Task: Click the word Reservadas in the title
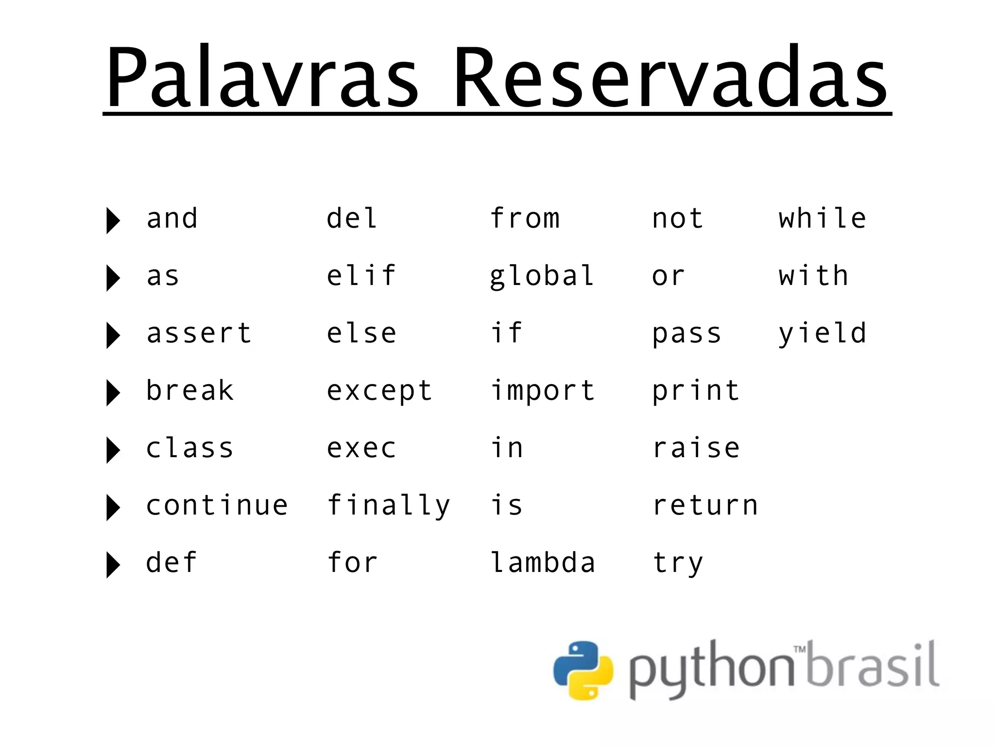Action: [670, 78]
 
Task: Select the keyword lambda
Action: [543, 563]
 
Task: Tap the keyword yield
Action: [822, 334]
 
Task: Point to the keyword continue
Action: [217, 505]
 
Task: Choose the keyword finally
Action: [389, 506]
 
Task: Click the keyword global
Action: [542, 276]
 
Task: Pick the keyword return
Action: [705, 505]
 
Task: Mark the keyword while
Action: [822, 218]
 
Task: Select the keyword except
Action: [379, 391]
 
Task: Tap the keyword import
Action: [543, 391]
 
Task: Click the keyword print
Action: [696, 391]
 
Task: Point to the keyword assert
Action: [199, 334]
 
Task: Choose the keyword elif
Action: [361, 276]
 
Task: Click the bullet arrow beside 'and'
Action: [113, 220]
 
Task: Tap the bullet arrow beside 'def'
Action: [113, 565]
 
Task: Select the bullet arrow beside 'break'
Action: [113, 392]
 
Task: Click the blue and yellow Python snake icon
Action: [583, 670]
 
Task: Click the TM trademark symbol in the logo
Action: [800, 649]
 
